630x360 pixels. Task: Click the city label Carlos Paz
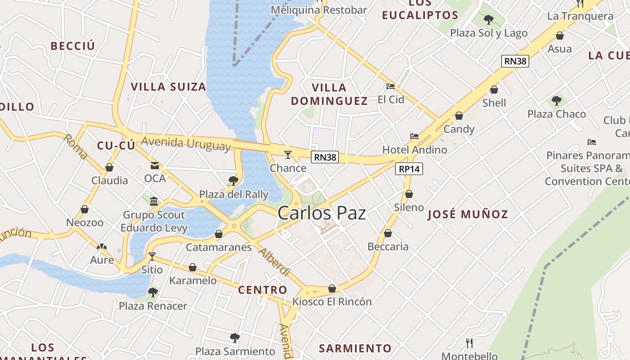point(321,213)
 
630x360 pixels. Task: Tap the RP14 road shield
point(409,169)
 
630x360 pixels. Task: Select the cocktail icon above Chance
point(288,155)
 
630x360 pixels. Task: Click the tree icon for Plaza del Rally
point(233,181)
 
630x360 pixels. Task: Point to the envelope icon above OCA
point(155,166)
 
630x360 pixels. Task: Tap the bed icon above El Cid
point(391,86)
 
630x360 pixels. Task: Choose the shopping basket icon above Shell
point(494,90)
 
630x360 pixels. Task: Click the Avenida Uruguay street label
point(186,144)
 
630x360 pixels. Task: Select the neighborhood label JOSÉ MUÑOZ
point(468,214)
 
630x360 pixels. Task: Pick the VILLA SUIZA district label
point(168,86)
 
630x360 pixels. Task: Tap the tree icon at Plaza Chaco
point(557,100)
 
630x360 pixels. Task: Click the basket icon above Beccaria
point(387,233)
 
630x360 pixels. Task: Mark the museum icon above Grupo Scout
point(154,201)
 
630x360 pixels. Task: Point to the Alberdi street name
point(274,261)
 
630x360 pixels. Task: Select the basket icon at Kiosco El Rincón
point(332,288)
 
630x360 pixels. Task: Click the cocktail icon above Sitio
point(152,256)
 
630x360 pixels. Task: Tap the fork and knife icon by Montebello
point(469,343)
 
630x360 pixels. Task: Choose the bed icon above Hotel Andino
point(414,136)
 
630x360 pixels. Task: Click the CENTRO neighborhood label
point(262,290)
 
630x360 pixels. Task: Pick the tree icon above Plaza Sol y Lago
point(488,19)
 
